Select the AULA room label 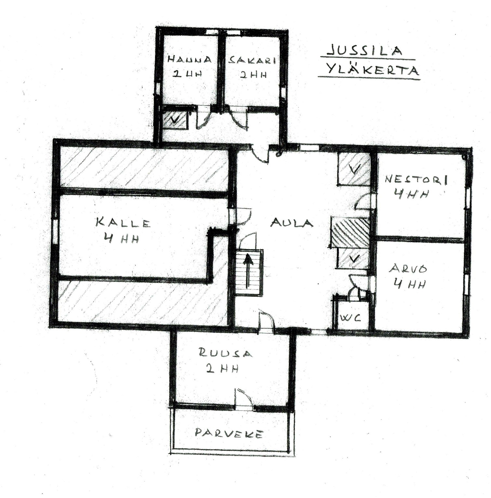[292, 223]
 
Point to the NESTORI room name [416, 179]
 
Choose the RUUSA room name [225, 353]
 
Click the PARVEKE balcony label [229, 433]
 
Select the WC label [350, 317]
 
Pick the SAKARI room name [252, 60]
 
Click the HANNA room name [189, 59]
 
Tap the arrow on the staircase [248, 271]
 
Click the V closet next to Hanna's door [175, 120]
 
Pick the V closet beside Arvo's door [352, 258]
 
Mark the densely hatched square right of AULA [350, 232]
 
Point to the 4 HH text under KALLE [122, 239]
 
